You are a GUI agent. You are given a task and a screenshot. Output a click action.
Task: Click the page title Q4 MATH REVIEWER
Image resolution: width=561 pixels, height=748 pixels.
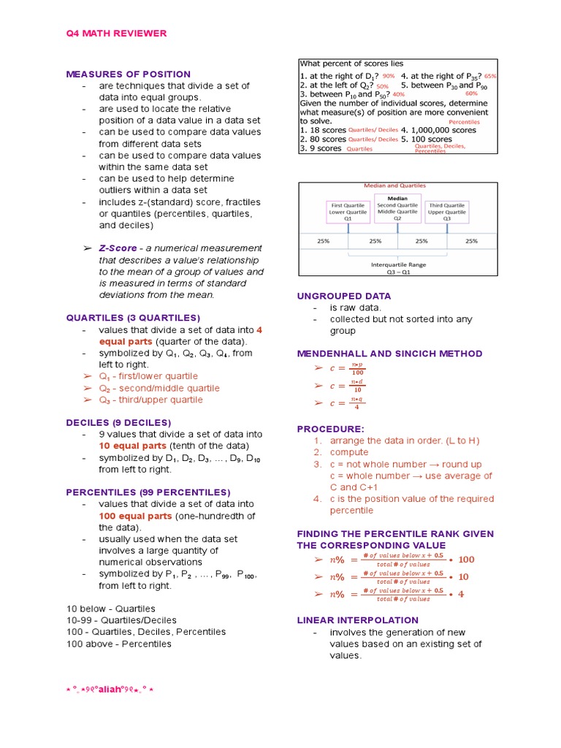click(x=116, y=34)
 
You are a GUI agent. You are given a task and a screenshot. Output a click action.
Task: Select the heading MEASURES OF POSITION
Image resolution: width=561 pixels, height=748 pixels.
click(x=128, y=75)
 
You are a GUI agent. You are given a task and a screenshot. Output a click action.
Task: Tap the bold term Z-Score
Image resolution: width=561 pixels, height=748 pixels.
click(x=118, y=248)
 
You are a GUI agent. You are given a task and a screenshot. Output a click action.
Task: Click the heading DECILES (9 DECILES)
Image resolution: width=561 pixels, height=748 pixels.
click(x=118, y=423)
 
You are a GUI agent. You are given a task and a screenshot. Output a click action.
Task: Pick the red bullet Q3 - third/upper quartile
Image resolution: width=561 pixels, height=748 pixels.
click(x=151, y=400)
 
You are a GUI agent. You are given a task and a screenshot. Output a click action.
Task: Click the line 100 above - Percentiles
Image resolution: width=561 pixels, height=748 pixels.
click(x=118, y=644)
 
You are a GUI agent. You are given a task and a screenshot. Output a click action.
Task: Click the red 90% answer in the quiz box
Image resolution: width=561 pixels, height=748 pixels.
click(x=388, y=76)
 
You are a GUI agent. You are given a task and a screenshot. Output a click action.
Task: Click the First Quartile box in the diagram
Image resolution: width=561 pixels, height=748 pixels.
click(x=348, y=212)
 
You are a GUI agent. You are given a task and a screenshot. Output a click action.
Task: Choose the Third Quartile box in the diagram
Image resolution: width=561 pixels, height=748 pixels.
click(x=446, y=212)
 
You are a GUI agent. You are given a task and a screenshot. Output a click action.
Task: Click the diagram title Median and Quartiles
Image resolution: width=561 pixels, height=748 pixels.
click(x=395, y=186)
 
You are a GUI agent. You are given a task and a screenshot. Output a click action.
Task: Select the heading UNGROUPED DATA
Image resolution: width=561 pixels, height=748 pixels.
click(x=343, y=296)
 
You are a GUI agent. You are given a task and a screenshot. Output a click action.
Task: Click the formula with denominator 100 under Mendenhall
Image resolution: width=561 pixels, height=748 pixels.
click(x=348, y=369)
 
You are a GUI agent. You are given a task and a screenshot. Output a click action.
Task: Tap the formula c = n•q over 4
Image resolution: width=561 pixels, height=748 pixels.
click(x=347, y=403)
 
